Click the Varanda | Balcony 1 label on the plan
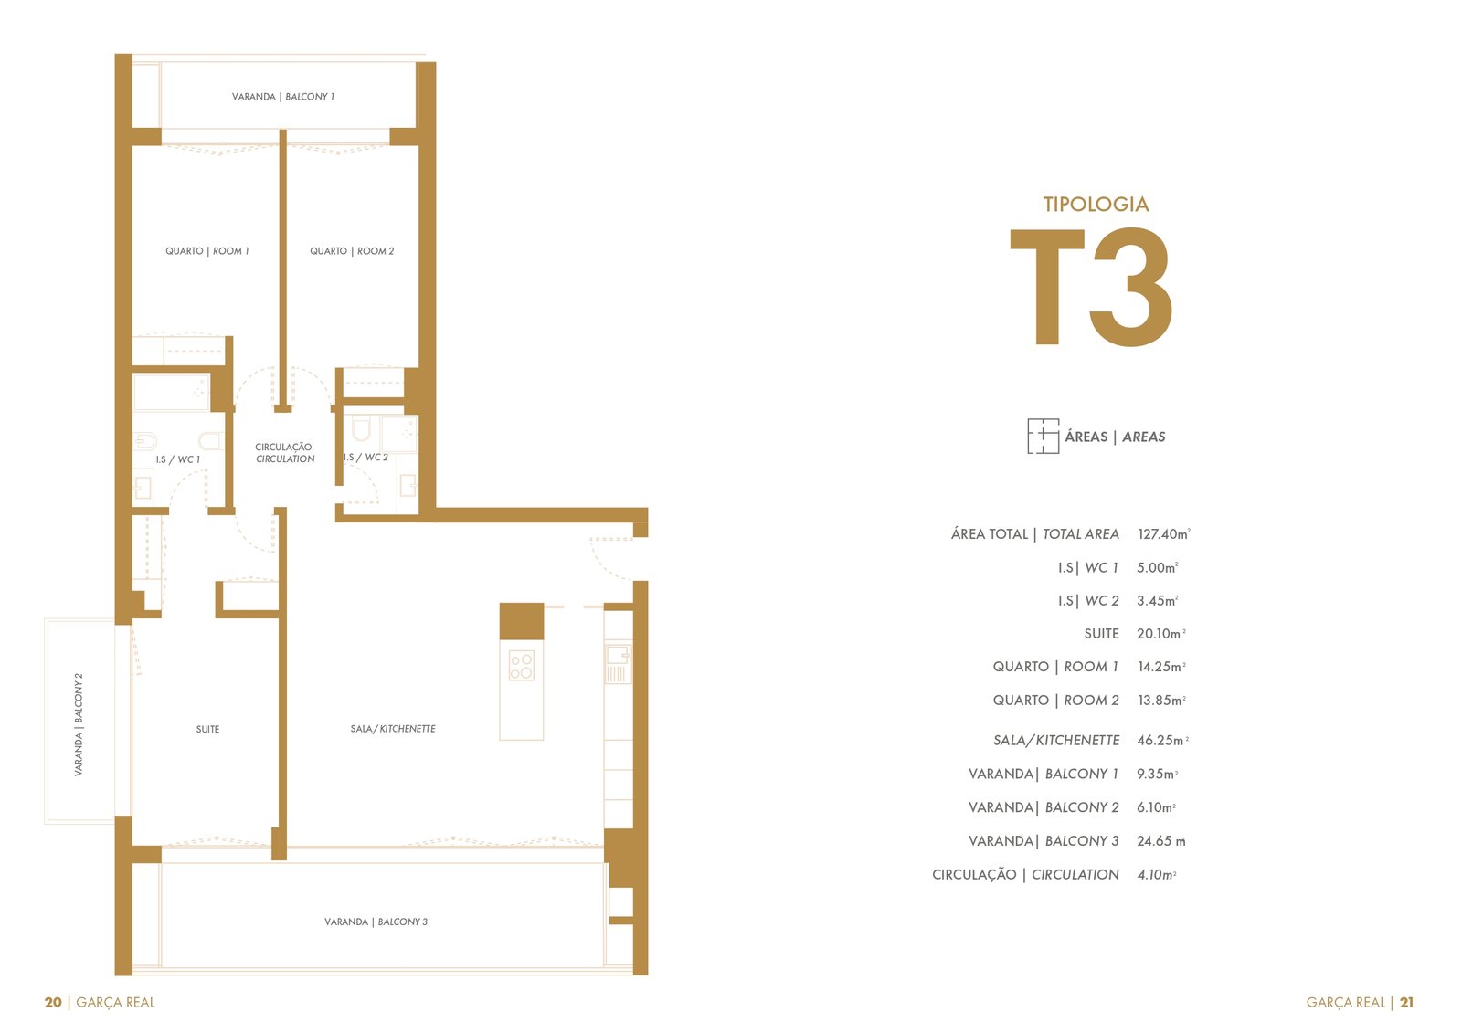pyautogui.click(x=283, y=97)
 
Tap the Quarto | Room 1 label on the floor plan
pyautogui.click(x=207, y=251)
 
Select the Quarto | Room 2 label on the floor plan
pyautogui.click(x=352, y=251)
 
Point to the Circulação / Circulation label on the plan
pyautogui.click(x=284, y=453)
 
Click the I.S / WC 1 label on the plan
pyautogui.click(x=177, y=459)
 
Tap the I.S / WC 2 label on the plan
pyautogui.click(x=366, y=458)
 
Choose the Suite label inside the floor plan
pyautogui.click(x=207, y=729)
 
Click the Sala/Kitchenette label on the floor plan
pyautogui.click(x=393, y=728)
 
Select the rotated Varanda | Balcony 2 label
pyautogui.click(x=79, y=724)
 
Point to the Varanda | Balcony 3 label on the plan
pyautogui.click(x=376, y=922)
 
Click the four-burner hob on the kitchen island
pyautogui.click(x=522, y=666)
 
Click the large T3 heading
pyautogui.click(x=1092, y=287)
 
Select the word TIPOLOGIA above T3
pyautogui.click(x=1096, y=205)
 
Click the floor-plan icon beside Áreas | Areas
pyautogui.click(x=1043, y=436)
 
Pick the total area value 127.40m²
pyautogui.click(x=1164, y=533)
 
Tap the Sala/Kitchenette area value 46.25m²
pyautogui.click(x=1162, y=740)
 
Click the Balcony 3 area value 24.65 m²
pyautogui.click(x=1161, y=840)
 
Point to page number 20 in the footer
pyautogui.click(x=53, y=1002)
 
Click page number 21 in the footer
pyautogui.click(x=1406, y=1002)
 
